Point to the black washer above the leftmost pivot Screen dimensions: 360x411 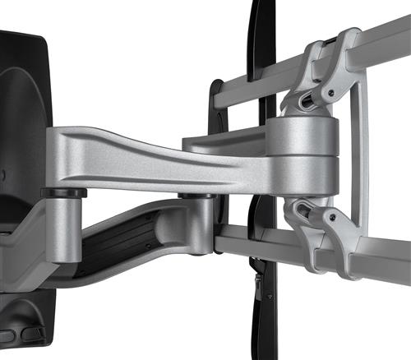point(63,192)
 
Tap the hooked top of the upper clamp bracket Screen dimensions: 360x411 point(349,37)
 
